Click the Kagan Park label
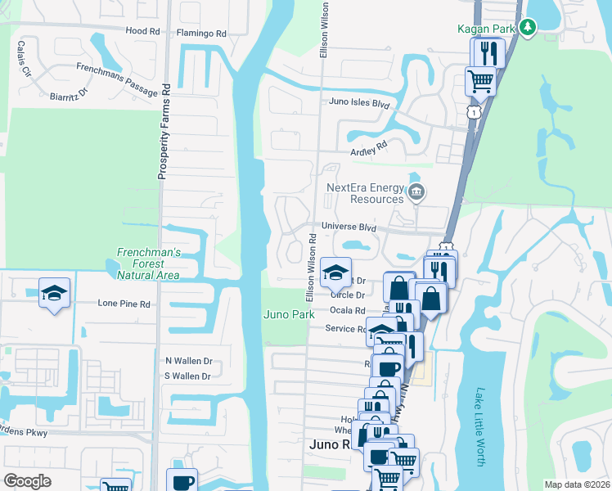coord(488,28)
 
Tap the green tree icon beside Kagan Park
coord(529,28)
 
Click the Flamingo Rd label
coord(201,34)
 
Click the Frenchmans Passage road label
coord(116,80)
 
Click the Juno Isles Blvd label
coord(358,103)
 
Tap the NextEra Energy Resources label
coord(365,192)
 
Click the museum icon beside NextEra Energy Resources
coord(416,193)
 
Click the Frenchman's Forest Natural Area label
coord(148,264)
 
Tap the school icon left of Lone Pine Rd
coord(55,295)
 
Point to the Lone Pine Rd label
coord(124,303)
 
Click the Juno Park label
coord(289,314)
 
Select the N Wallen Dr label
coord(188,361)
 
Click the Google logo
coord(28,480)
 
